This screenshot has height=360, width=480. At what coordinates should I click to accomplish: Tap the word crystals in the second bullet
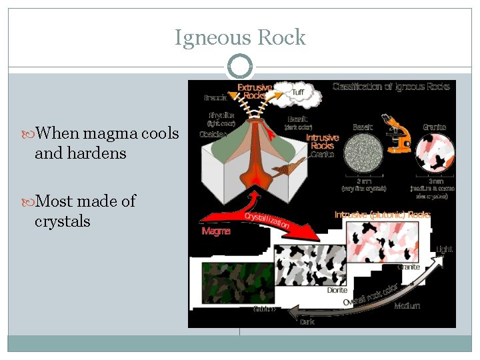click(x=62, y=221)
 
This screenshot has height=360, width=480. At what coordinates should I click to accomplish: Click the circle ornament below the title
click(x=240, y=67)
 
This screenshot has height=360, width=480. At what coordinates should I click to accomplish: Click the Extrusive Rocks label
click(x=255, y=92)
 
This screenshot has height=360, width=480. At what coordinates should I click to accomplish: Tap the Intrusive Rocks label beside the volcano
click(x=322, y=141)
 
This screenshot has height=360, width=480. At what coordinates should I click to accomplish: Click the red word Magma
click(x=216, y=231)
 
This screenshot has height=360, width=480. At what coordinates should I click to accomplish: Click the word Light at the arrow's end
click(x=443, y=250)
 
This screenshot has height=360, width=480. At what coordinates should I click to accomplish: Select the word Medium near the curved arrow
click(x=407, y=307)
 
